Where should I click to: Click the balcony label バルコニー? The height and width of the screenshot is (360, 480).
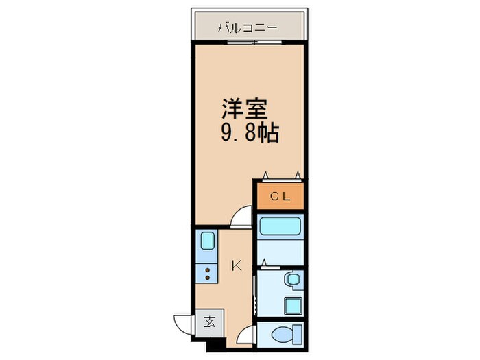[248, 28]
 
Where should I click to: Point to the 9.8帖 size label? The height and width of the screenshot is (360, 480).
[249, 133]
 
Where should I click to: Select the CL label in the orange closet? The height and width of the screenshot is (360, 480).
[280, 197]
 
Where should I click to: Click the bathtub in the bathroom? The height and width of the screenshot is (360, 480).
[280, 226]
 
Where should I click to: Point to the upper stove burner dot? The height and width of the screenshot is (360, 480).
[208, 270]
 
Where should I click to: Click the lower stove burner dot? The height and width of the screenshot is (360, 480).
[208, 278]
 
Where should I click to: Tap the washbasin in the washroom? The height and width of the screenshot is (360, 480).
[292, 279]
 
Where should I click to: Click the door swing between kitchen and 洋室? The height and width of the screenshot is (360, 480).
[241, 217]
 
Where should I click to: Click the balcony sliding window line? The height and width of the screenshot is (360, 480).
[249, 43]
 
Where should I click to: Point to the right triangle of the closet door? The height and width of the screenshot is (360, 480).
[298, 174]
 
